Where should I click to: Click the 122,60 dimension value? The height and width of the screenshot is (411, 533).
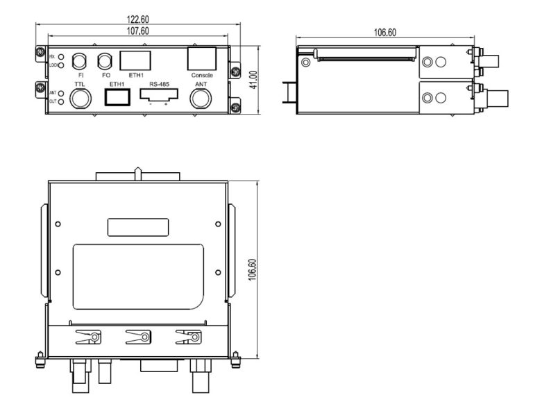click(136, 21)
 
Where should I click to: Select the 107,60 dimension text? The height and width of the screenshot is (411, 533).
click(136, 31)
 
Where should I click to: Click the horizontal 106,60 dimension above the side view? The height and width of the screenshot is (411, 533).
click(385, 32)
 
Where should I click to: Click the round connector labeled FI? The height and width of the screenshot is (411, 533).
click(81, 60)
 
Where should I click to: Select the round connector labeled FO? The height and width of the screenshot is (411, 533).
click(105, 60)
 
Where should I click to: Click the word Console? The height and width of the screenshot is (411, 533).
click(202, 75)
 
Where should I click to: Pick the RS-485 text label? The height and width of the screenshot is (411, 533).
click(159, 84)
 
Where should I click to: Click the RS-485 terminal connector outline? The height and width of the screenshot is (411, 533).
click(159, 96)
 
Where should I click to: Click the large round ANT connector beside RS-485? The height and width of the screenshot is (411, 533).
click(201, 98)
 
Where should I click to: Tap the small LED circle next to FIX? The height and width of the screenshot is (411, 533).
click(62, 56)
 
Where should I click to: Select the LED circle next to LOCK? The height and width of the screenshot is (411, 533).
click(62, 65)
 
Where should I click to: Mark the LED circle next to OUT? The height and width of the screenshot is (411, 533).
click(62, 102)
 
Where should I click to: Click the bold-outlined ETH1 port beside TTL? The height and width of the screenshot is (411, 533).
click(117, 97)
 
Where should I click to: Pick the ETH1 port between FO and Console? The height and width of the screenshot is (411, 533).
click(135, 59)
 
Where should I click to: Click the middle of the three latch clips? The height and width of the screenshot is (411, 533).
click(137, 338)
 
